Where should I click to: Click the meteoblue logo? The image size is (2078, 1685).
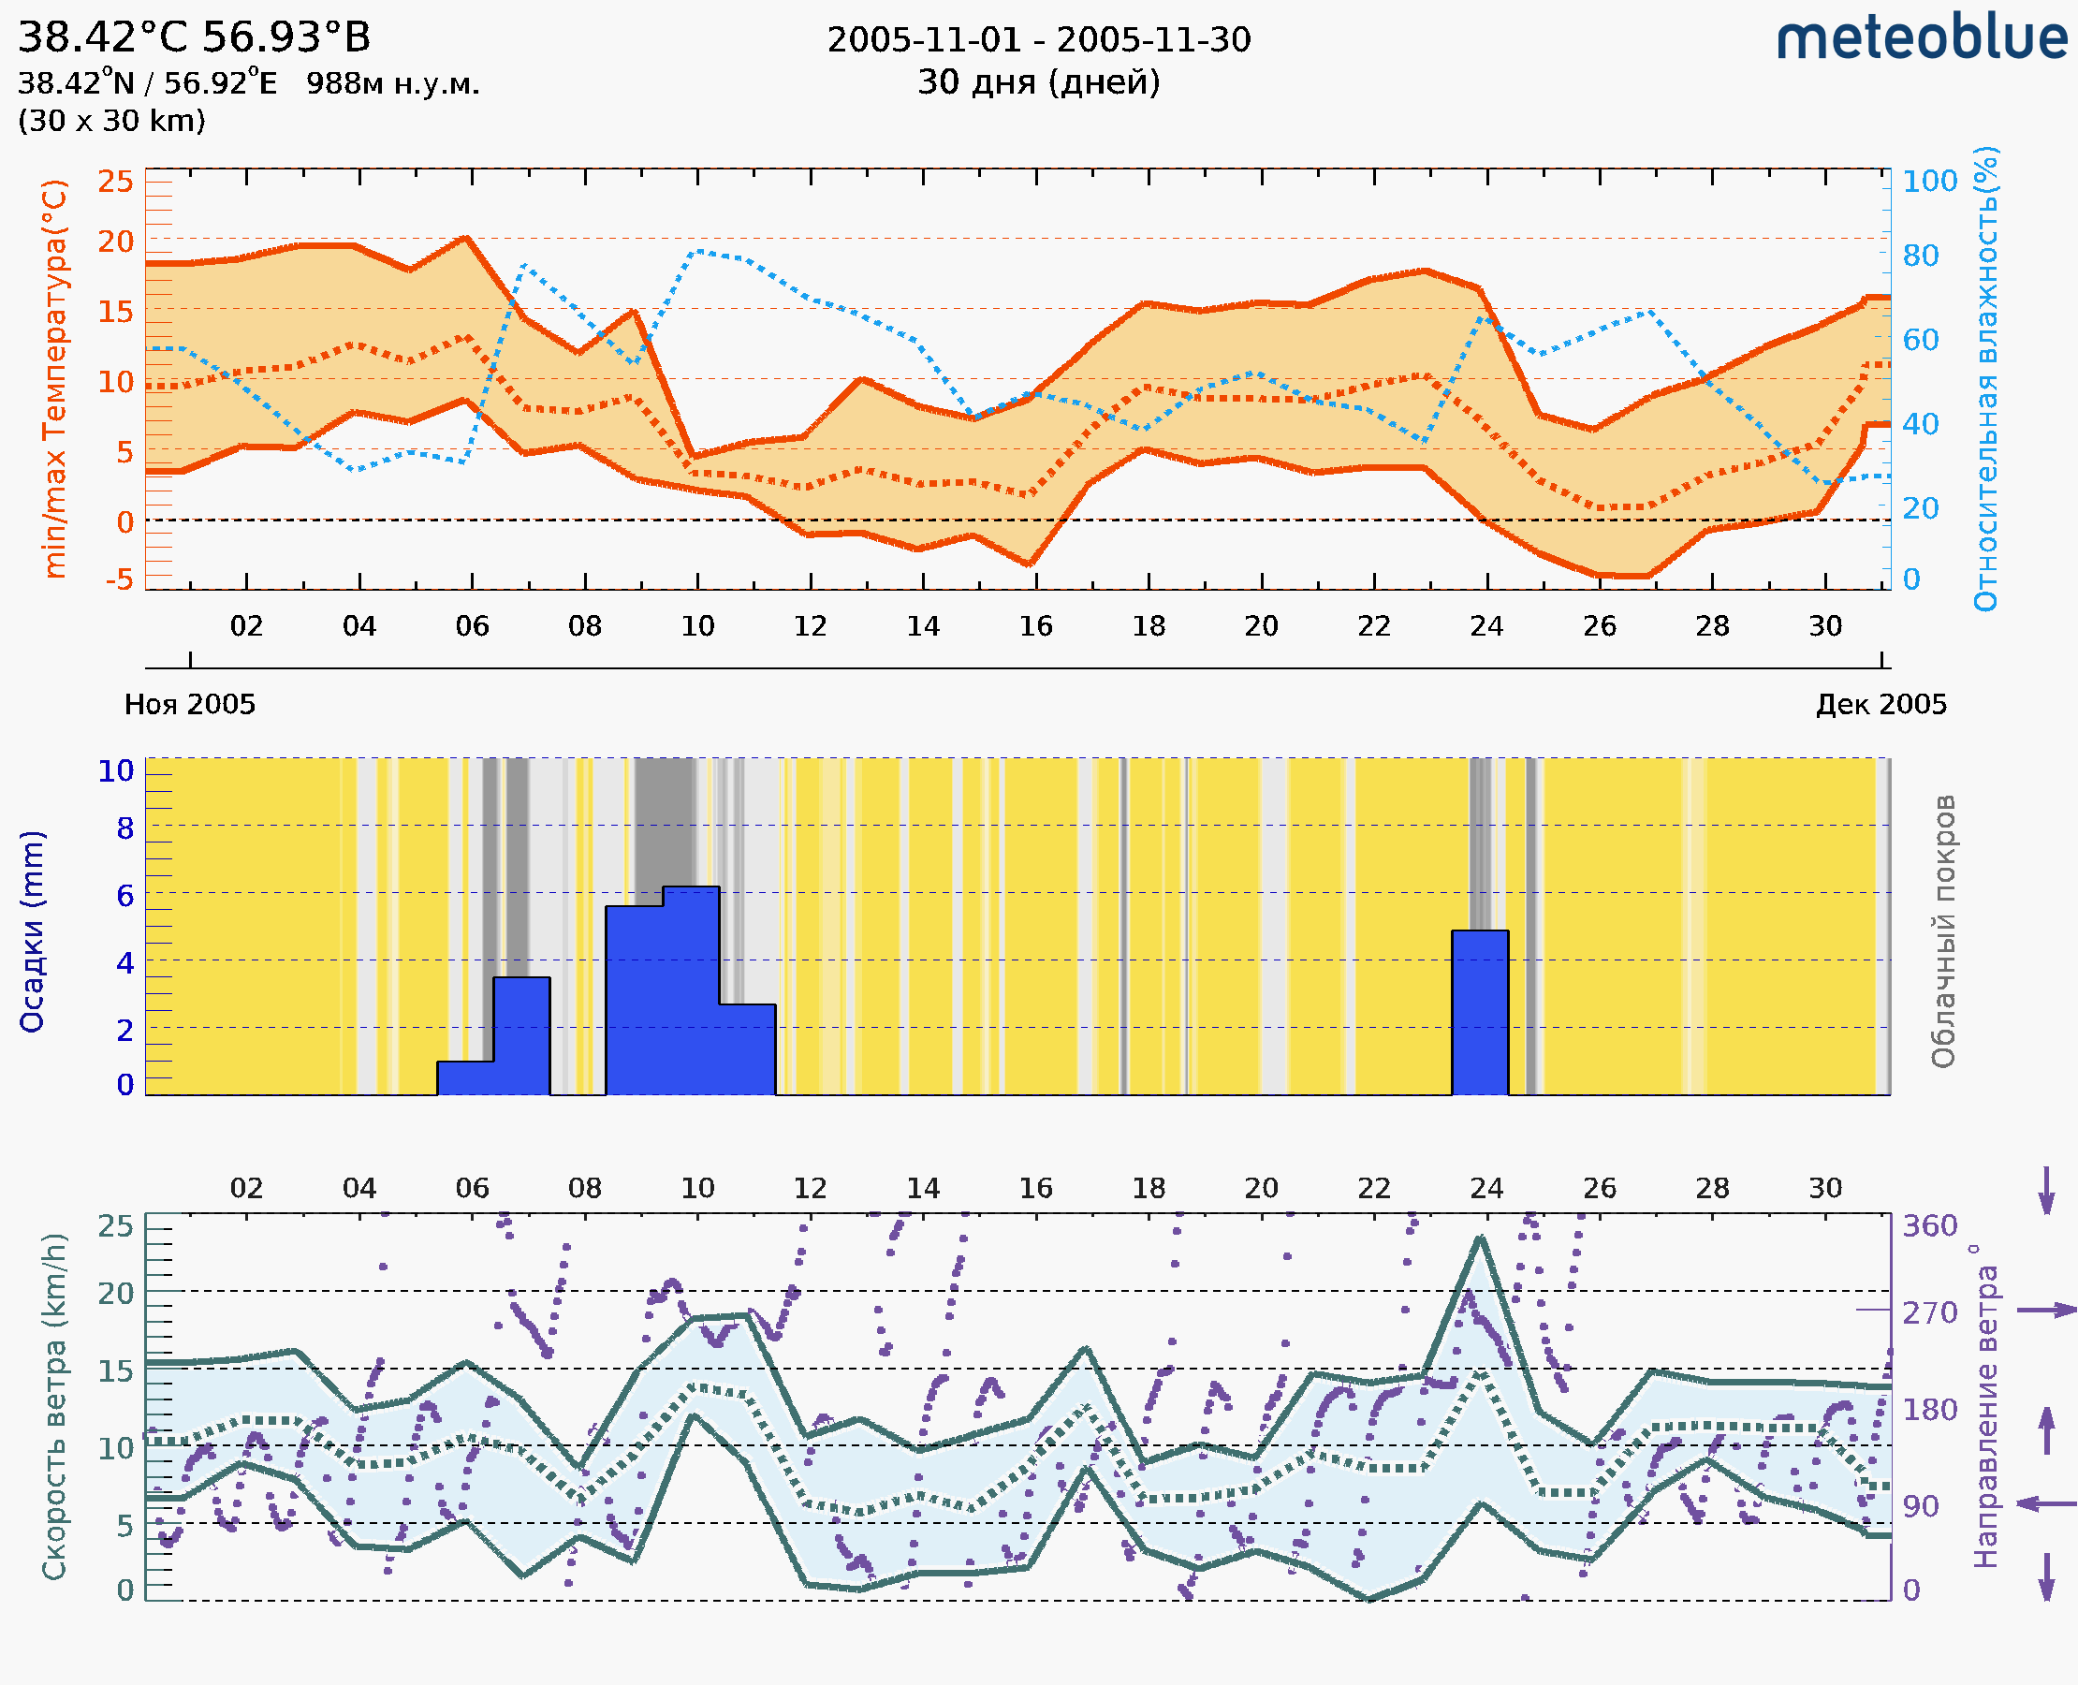click(x=1921, y=38)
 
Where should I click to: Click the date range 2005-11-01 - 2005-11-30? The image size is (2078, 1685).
click(x=1038, y=40)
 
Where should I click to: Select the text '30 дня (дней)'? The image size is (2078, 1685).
click(x=1038, y=82)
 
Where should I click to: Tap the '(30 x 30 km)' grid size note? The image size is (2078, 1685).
click(x=111, y=122)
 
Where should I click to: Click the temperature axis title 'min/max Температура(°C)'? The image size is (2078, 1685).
click(x=55, y=378)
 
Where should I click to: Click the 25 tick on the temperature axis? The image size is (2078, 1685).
click(x=115, y=182)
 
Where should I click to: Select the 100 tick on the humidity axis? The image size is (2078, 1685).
click(x=1929, y=182)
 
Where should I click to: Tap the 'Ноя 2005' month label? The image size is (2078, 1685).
click(x=189, y=705)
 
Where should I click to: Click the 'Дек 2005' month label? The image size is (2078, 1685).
click(x=1881, y=705)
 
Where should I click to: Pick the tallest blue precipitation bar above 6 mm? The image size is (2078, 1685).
click(x=691, y=990)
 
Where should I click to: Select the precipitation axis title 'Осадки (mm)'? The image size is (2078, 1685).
click(x=32, y=931)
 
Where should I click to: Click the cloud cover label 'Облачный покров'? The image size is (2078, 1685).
click(x=1943, y=931)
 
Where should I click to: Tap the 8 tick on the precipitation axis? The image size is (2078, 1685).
click(x=125, y=828)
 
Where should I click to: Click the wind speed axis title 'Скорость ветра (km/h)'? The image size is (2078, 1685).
click(x=54, y=1407)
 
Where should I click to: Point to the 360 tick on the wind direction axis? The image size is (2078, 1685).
click(x=1929, y=1226)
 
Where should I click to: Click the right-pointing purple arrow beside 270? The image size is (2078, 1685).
click(x=2046, y=1311)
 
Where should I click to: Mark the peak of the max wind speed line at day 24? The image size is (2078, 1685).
click(x=1480, y=1238)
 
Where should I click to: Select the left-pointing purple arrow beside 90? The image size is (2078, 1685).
click(x=2046, y=1504)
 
